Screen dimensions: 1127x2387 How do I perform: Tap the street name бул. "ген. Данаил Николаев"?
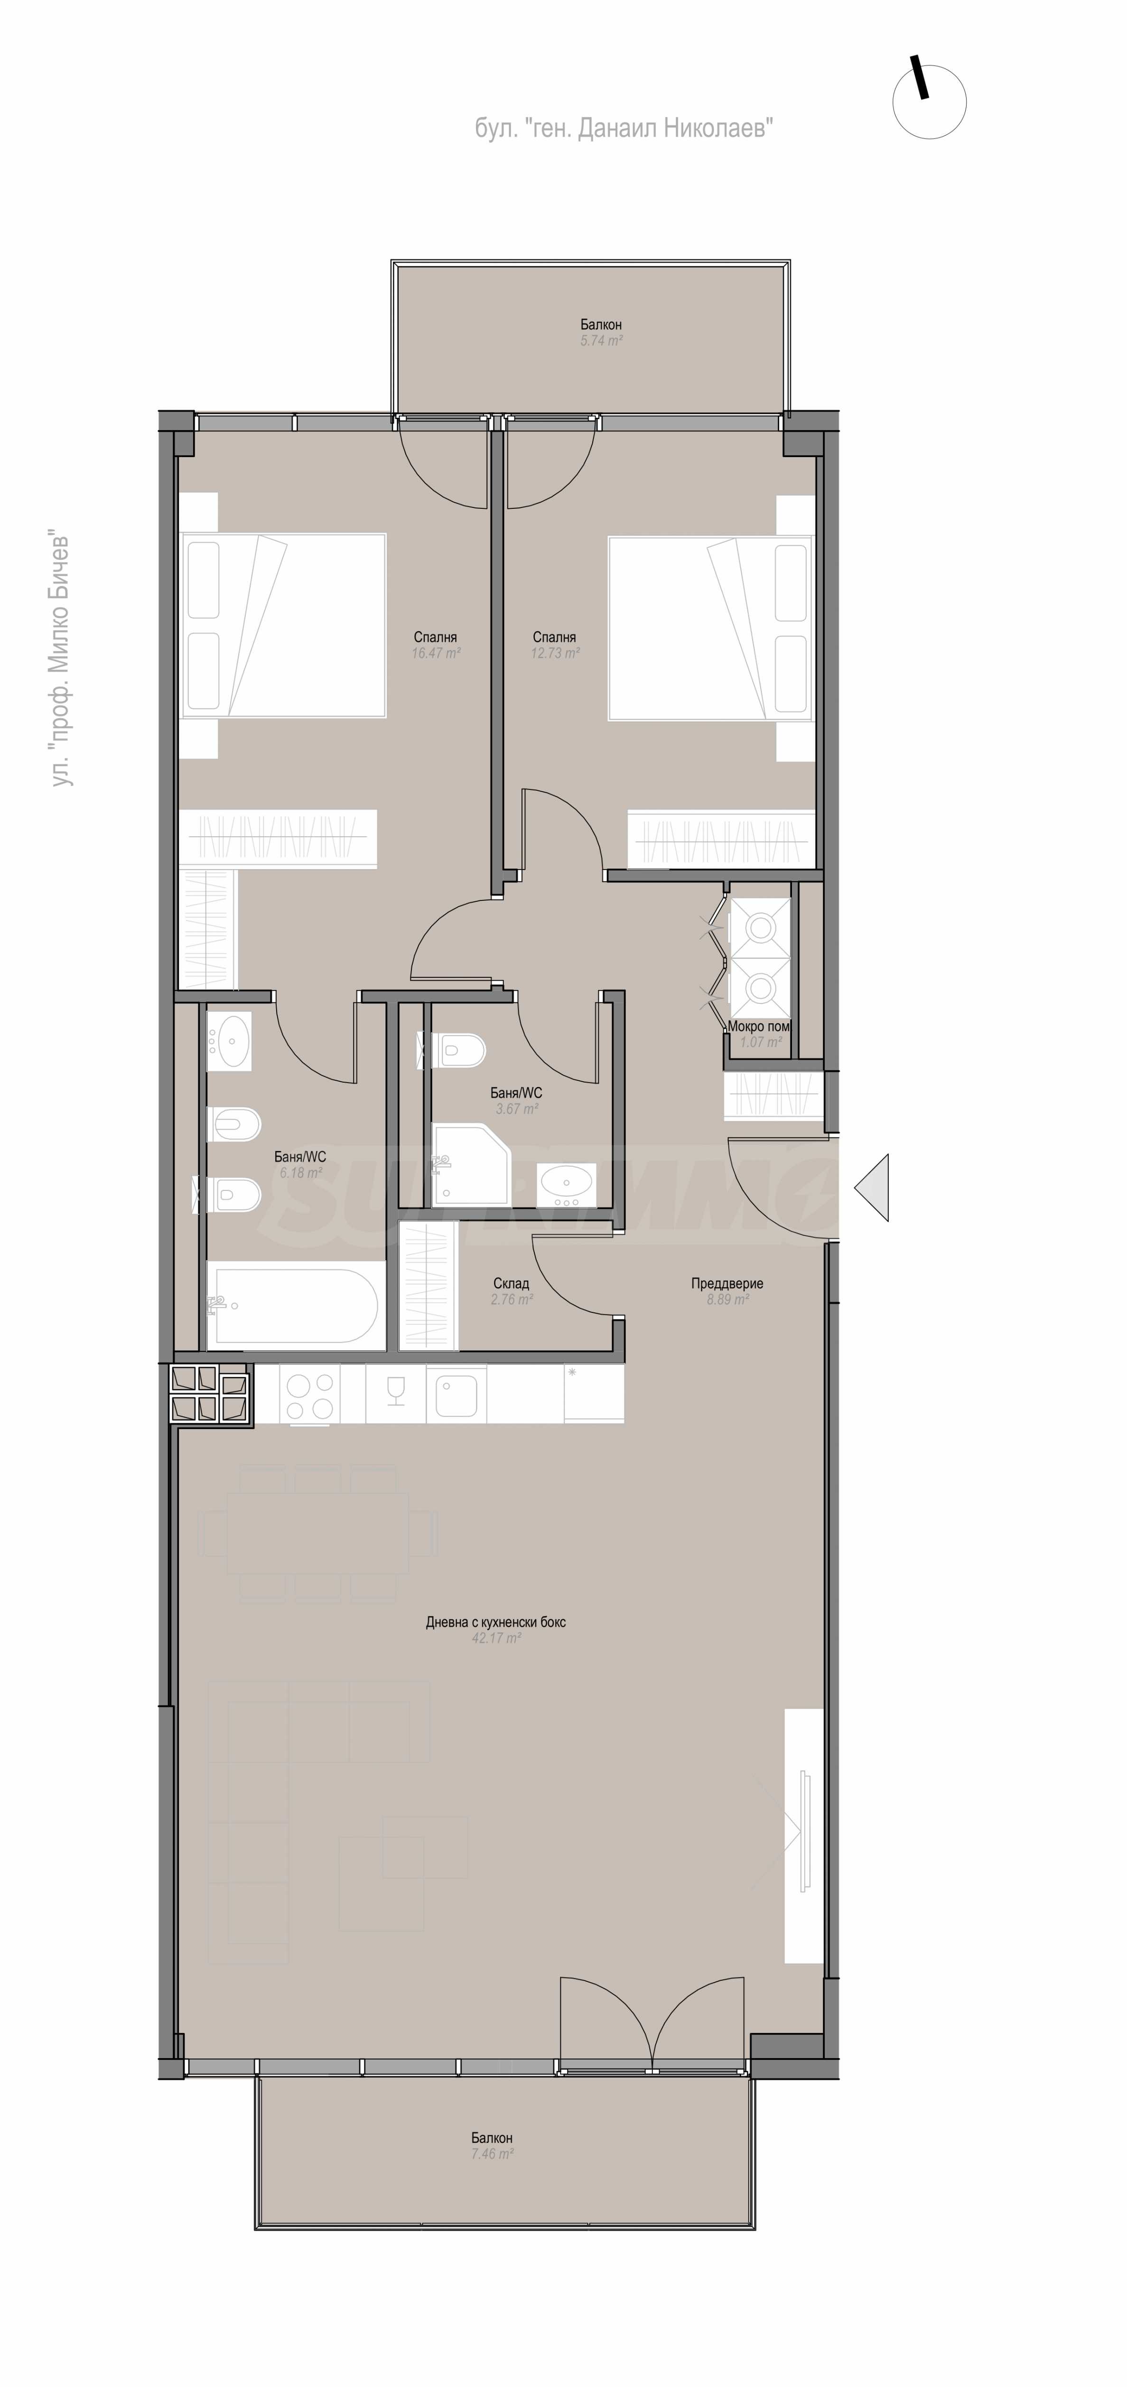click(x=624, y=129)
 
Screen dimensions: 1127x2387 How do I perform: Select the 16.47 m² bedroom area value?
click(x=435, y=652)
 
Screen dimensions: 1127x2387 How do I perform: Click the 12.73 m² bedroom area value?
click(x=555, y=652)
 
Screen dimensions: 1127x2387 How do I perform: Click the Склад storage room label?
click(x=511, y=1283)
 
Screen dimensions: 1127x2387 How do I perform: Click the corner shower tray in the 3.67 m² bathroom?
click(x=470, y=1164)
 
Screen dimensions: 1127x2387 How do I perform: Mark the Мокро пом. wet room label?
click(x=758, y=1026)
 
